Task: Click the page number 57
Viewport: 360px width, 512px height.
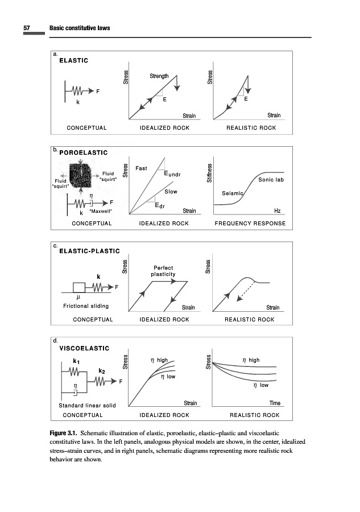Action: [26, 28]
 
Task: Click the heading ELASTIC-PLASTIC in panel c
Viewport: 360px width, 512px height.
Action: [90, 251]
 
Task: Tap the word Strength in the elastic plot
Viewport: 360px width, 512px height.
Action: [159, 76]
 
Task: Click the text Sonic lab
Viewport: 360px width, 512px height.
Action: [271, 180]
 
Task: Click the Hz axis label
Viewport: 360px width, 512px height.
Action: [277, 210]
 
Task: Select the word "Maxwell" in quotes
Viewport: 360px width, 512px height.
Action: [101, 211]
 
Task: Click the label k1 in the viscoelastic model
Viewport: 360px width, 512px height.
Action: [76, 361]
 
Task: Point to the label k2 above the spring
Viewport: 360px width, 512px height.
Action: [102, 370]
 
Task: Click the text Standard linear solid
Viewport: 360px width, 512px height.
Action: [88, 406]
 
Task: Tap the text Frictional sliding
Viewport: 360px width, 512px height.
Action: [86, 306]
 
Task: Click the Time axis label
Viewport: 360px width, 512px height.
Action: [275, 403]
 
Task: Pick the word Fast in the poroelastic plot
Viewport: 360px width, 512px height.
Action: [142, 168]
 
